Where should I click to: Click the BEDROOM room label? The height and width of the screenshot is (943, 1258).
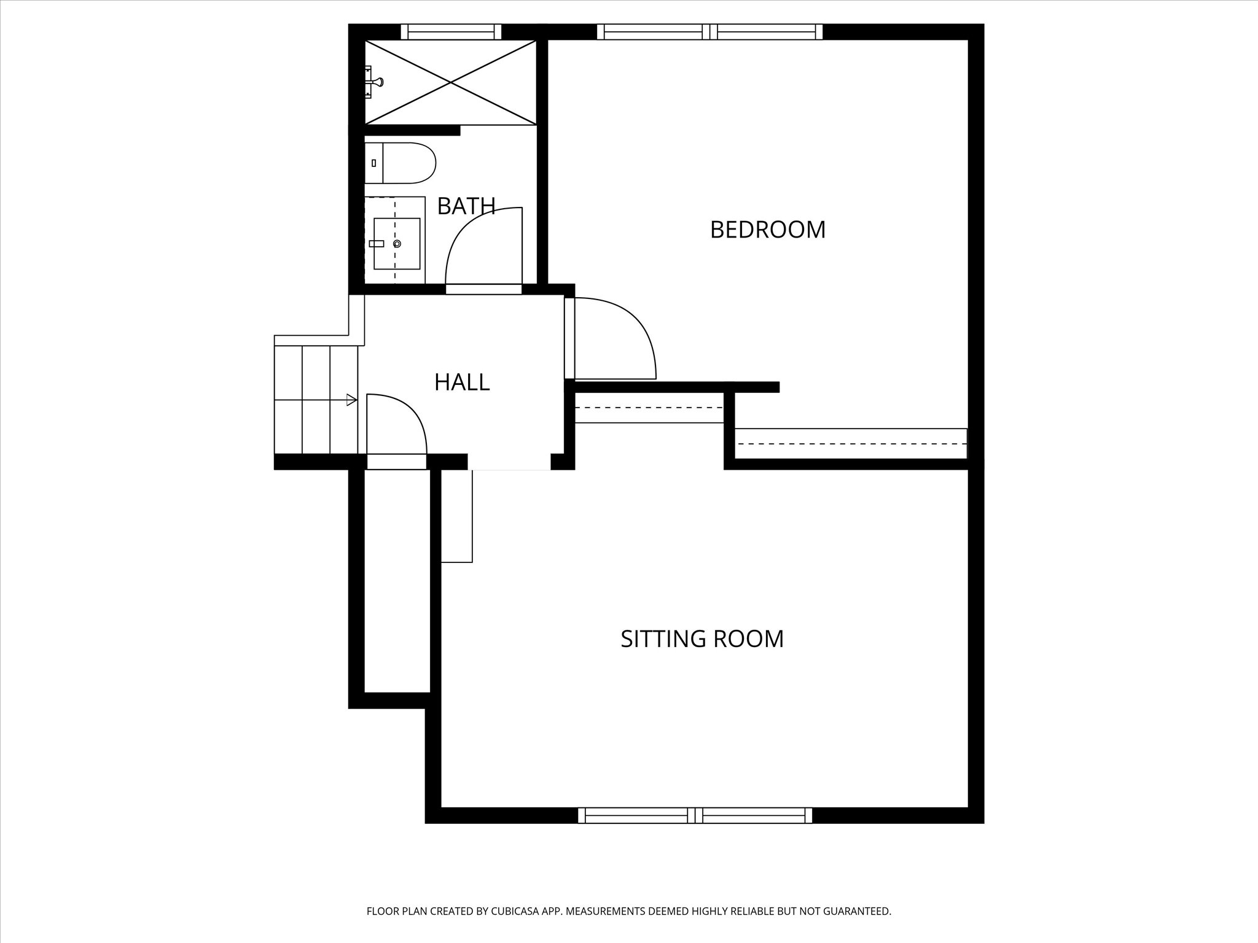click(x=767, y=230)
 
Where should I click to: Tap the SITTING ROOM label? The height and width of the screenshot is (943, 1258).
click(x=702, y=639)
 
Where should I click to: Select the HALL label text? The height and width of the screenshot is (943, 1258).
click(x=462, y=382)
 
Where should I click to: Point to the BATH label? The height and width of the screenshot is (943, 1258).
click(x=466, y=206)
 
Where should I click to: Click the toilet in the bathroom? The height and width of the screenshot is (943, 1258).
click(x=400, y=163)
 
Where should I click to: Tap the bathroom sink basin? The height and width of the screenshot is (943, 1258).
click(x=397, y=244)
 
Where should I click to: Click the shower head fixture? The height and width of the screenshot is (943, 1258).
click(x=375, y=82)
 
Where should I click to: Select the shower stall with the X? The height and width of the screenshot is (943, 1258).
click(x=450, y=82)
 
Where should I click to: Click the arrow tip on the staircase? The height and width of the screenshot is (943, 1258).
click(x=357, y=400)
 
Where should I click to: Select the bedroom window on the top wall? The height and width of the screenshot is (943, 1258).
click(x=709, y=32)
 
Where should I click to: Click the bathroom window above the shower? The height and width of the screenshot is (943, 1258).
click(x=451, y=32)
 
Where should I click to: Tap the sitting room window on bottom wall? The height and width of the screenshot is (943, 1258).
click(x=695, y=815)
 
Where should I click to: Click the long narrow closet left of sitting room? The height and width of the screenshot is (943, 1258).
click(x=397, y=581)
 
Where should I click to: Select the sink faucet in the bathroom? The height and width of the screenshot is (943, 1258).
click(x=377, y=244)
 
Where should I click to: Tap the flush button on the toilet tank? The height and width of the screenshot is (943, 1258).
click(x=373, y=163)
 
